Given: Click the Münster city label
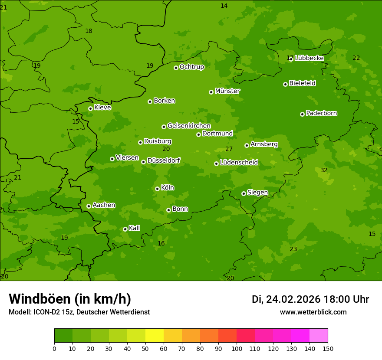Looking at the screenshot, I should point(227,91).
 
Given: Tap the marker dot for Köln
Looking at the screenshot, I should point(157,189).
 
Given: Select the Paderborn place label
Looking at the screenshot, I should point(321,113).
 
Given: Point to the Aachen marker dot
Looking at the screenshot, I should point(89,206).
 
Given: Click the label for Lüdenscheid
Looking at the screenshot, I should point(239,163).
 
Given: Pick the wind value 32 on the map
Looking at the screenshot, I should point(324,170).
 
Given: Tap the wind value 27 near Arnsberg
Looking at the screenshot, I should point(229,149).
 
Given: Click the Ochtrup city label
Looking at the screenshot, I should point(191,67).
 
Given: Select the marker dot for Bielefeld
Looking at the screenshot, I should point(285,84).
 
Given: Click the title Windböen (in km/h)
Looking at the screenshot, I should point(70,299).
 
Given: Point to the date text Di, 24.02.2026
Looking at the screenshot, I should point(286,299).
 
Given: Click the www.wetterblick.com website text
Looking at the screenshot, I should point(313,312).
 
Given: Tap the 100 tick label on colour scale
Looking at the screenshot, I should point(237,348).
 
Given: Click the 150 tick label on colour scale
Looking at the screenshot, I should point(328,348).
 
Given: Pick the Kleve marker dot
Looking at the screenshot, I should point(90,108).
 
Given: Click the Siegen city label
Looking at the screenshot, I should point(257,193).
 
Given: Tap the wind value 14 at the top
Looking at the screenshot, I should point(224,6).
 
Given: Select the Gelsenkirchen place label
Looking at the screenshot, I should point(189,126).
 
